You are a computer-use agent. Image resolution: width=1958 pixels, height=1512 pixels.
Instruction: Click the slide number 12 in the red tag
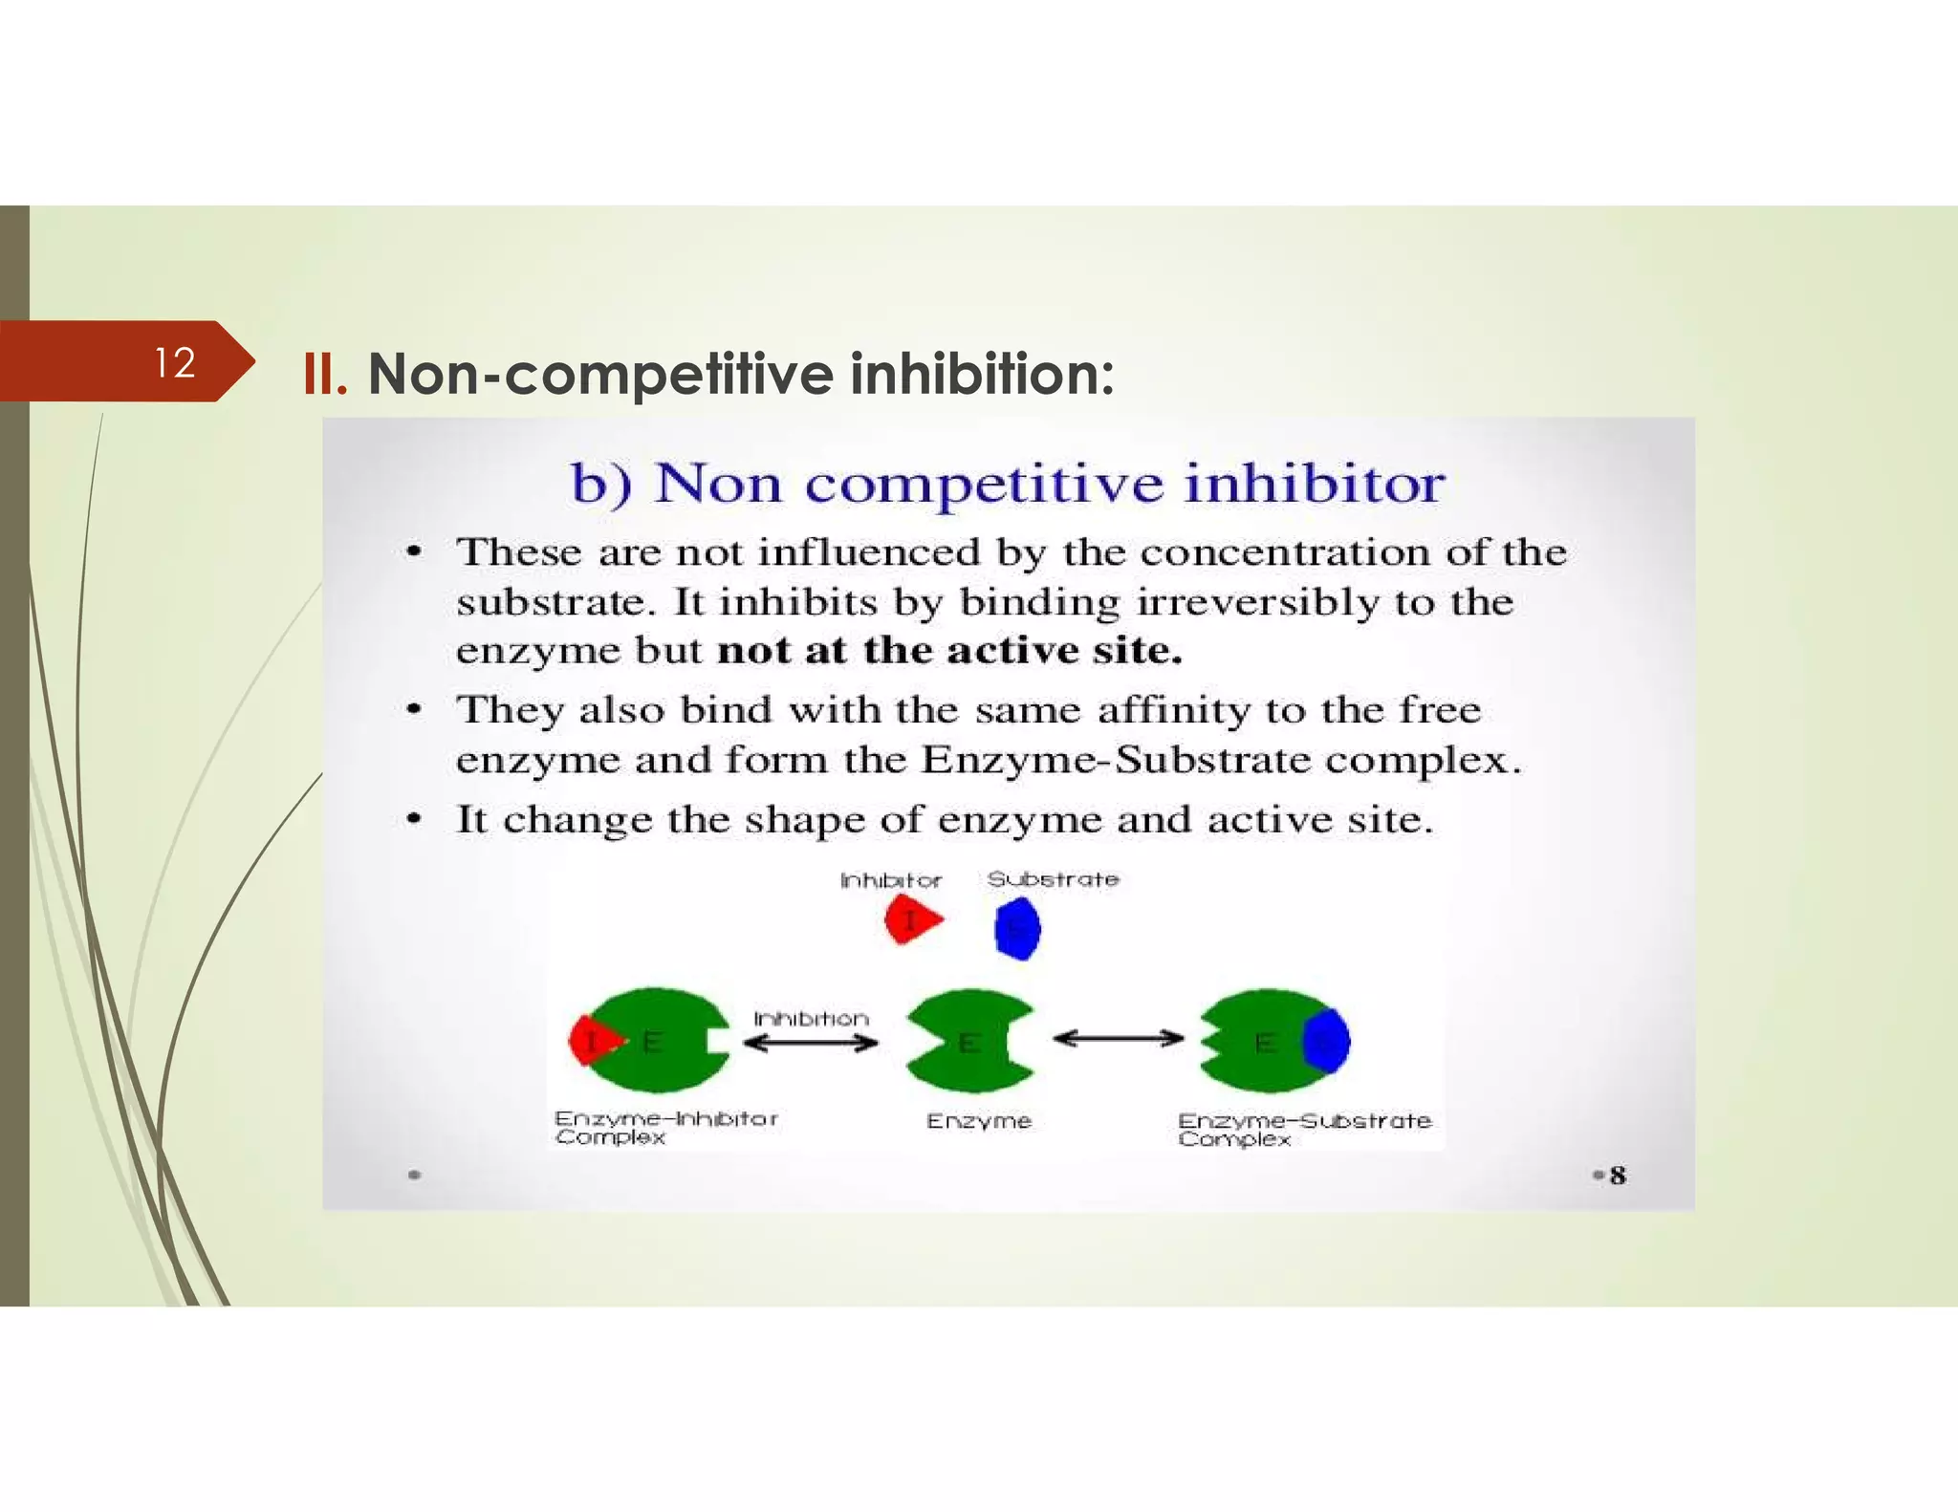coord(175,363)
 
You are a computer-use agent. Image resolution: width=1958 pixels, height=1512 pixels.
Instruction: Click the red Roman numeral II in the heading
coord(324,375)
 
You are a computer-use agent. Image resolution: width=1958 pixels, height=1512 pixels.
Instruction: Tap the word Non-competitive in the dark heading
coord(600,375)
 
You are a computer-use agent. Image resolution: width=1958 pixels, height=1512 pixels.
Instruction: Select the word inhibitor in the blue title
coord(1314,484)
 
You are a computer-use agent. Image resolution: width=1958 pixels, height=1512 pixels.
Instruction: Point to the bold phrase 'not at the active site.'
coord(949,651)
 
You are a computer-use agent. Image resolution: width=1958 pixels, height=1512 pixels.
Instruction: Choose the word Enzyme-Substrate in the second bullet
coord(1115,760)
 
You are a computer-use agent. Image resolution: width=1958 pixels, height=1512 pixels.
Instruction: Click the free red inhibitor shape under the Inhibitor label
coord(911,921)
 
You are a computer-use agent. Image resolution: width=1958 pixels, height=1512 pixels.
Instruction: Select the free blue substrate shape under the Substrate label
coord(1017,928)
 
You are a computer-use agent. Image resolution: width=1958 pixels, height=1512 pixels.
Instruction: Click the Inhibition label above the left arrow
coord(811,1019)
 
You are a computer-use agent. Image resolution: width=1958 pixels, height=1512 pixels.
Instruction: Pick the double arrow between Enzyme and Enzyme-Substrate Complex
coord(1118,1039)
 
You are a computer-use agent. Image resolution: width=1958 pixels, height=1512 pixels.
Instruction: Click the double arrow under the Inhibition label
coord(811,1043)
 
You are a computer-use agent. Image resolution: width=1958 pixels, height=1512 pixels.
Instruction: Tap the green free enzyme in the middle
coord(968,1042)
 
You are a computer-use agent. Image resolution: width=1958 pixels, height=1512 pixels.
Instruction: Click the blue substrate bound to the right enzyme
coord(1327,1040)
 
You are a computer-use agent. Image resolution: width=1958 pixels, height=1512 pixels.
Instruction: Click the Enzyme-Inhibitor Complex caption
coord(665,1127)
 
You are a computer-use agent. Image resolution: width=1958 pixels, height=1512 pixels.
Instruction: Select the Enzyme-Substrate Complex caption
coord(1304,1129)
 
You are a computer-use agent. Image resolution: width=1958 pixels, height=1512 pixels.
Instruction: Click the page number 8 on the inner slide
coord(1617,1176)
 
